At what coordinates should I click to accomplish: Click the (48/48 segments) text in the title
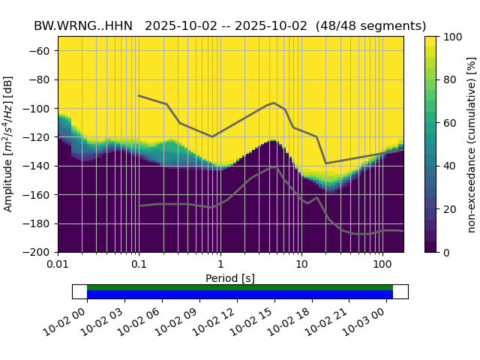pos(370,26)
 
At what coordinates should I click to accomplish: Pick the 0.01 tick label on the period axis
pos(58,265)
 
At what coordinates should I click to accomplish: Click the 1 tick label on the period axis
pos(220,265)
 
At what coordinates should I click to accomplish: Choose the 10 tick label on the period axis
pos(301,265)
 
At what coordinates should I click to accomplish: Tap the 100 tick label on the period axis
pos(382,265)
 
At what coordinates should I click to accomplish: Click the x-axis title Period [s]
pos(230,278)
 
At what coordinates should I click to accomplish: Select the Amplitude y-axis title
pos(9,145)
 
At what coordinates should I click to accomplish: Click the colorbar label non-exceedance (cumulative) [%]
pos(472,145)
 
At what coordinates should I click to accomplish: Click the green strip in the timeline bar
pos(240,287)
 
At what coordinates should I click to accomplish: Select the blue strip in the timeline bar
pos(240,295)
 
